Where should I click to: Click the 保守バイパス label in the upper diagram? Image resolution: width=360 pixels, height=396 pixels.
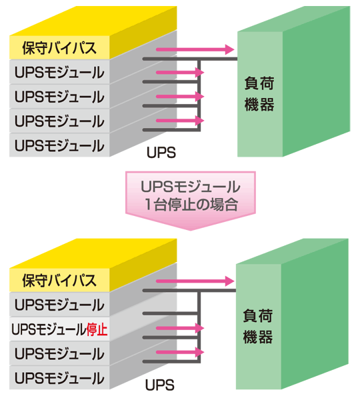[59, 47]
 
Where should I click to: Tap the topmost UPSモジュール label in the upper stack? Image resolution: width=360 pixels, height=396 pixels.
[59, 72]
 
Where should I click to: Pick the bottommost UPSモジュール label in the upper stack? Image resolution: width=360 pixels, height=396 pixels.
[59, 145]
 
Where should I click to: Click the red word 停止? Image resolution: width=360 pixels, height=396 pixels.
[97, 329]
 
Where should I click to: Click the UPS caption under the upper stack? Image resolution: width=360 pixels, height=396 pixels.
[161, 153]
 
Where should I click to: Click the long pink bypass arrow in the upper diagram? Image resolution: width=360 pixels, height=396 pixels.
[200, 49]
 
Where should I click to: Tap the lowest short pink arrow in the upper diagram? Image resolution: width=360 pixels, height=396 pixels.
[180, 121]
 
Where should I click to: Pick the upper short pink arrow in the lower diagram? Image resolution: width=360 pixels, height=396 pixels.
[180, 328]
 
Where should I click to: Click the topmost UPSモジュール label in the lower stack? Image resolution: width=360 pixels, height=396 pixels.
[59, 305]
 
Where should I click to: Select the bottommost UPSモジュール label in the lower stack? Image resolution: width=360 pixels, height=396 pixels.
[59, 377]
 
